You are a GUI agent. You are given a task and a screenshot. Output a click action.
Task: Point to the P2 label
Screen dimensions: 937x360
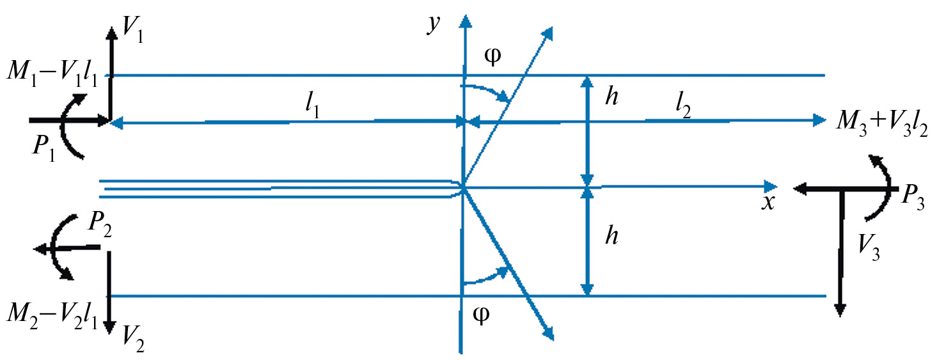100,225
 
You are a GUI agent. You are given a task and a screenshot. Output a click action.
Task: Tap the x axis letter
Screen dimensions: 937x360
768,202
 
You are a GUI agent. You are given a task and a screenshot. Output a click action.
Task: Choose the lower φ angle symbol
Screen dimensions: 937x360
481,315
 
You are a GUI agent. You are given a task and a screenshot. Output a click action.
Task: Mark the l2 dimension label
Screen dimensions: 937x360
683,107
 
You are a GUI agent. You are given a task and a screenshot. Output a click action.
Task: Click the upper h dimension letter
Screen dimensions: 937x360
611,97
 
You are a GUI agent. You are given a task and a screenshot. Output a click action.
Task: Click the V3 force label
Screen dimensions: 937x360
869,248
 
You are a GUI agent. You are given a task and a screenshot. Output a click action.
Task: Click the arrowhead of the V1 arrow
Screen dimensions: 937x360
111,33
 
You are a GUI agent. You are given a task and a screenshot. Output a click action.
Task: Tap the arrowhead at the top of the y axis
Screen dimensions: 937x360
464,21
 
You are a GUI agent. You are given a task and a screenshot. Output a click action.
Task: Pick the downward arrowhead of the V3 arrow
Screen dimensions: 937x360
840,310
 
